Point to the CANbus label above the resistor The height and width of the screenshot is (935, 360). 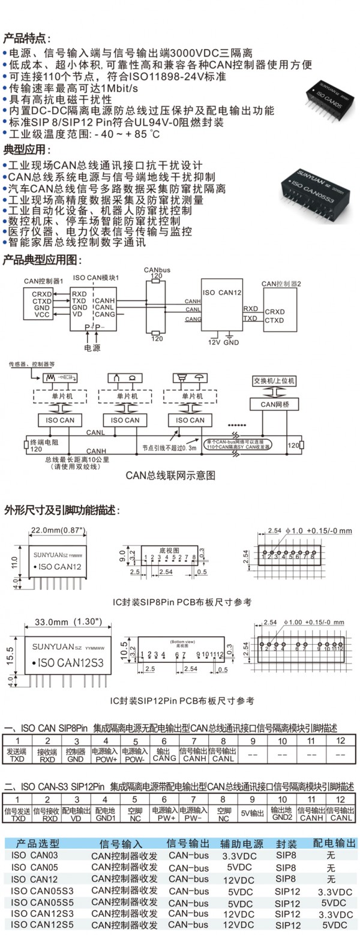(x=157, y=270)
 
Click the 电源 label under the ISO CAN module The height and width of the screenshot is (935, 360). (x=92, y=347)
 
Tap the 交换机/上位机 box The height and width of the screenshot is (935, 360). (x=274, y=381)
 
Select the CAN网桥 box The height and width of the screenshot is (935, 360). (x=274, y=405)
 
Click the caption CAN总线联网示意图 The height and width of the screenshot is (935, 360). (x=170, y=475)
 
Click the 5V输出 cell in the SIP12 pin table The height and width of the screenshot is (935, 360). (x=252, y=813)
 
